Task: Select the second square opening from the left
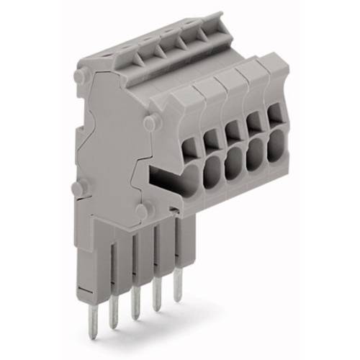point(210,138)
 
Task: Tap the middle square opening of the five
point(232,130)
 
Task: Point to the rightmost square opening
point(275,113)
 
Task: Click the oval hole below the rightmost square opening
point(276,149)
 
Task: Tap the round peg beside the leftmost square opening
point(150,123)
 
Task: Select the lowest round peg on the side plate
point(143,211)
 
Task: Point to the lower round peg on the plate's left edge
point(79,189)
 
